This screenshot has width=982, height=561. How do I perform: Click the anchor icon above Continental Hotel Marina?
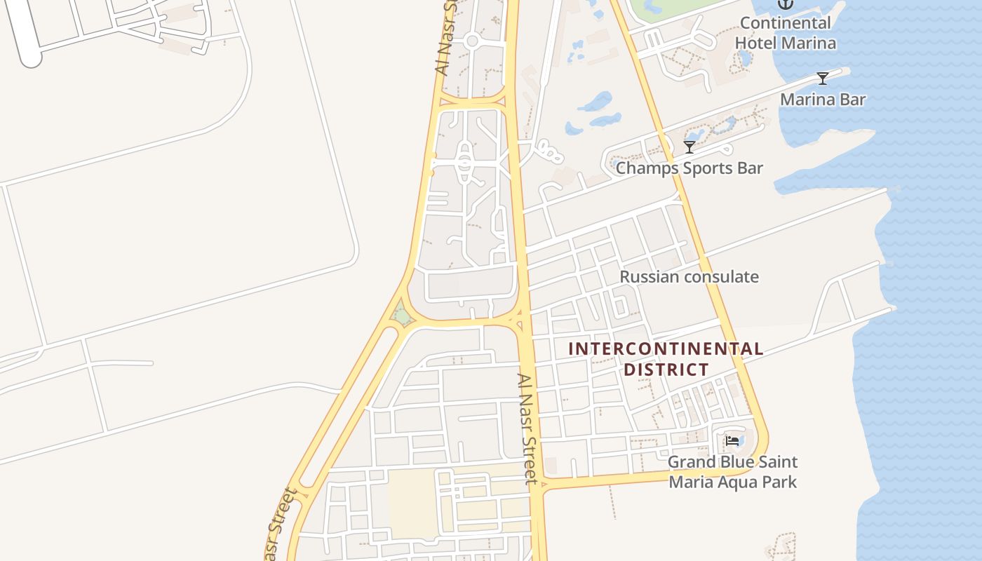[x=785, y=4]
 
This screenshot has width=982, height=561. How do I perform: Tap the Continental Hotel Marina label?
[x=785, y=33]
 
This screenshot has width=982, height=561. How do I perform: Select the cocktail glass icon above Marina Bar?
[x=823, y=78]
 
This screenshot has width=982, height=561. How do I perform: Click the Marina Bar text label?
[x=823, y=100]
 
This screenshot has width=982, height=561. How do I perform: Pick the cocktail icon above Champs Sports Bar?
[x=690, y=147]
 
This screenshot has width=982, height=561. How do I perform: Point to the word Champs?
[x=647, y=168]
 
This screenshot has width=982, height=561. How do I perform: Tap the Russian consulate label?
[x=689, y=277]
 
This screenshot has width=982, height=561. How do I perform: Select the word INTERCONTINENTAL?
[x=666, y=349]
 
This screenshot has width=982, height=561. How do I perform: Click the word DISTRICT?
[x=666, y=370]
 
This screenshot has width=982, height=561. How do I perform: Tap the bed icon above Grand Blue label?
[x=732, y=440]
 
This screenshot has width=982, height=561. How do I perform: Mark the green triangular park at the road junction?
[x=402, y=315]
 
